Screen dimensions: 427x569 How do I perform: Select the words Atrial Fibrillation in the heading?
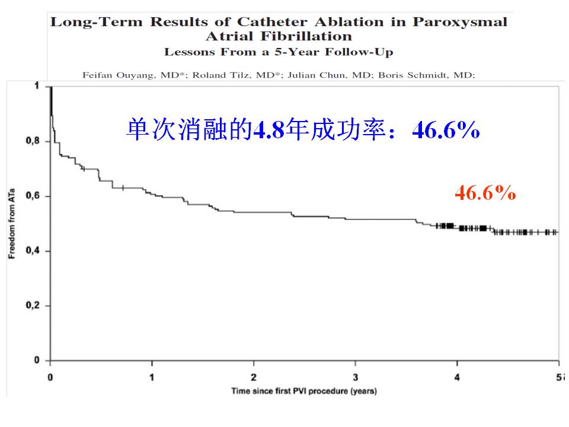click(x=279, y=37)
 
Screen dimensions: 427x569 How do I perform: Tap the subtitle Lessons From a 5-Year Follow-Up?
click(x=279, y=52)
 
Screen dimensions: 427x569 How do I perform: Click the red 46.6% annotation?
click(x=485, y=193)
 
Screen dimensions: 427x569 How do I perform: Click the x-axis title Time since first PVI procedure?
click(x=303, y=391)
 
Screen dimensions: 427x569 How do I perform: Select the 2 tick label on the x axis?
click(x=254, y=377)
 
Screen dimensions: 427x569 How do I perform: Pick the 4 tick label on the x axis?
click(x=457, y=377)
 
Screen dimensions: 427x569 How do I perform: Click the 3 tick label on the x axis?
click(x=356, y=377)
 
